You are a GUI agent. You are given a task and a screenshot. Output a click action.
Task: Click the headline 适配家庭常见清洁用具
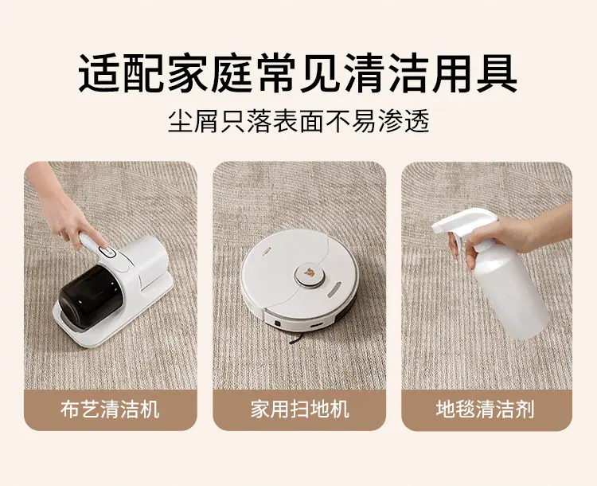click(298, 73)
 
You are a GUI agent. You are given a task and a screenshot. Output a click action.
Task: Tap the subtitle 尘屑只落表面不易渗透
click(298, 121)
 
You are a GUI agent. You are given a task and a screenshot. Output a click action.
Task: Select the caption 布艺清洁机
click(110, 410)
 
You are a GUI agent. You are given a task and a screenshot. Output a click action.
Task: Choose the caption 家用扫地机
click(299, 410)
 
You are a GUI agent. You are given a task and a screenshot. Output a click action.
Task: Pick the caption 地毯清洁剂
click(486, 410)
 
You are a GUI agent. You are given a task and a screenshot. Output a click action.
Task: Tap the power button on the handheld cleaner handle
click(107, 251)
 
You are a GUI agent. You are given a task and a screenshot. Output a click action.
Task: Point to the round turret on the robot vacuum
click(310, 274)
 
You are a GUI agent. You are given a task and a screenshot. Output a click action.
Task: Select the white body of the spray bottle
click(510, 290)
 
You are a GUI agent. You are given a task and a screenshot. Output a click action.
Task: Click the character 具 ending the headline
click(497, 73)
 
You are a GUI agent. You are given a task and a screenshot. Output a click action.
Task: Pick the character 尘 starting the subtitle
click(180, 121)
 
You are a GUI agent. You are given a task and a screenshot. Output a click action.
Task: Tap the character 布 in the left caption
click(70, 410)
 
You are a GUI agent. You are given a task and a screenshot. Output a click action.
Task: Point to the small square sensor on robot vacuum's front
click(278, 323)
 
